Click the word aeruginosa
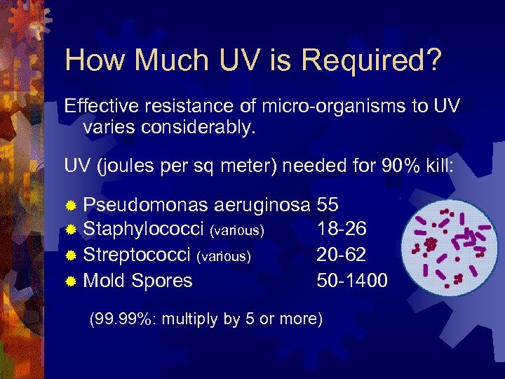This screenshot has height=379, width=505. pyautogui.click(x=263, y=205)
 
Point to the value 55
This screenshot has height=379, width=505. pyautogui.click(x=328, y=205)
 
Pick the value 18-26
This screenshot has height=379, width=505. pyautogui.click(x=342, y=230)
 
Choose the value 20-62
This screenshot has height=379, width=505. pyautogui.click(x=342, y=255)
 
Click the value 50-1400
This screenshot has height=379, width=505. pyautogui.click(x=352, y=281)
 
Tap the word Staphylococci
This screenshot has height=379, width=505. pyautogui.click(x=144, y=230)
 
